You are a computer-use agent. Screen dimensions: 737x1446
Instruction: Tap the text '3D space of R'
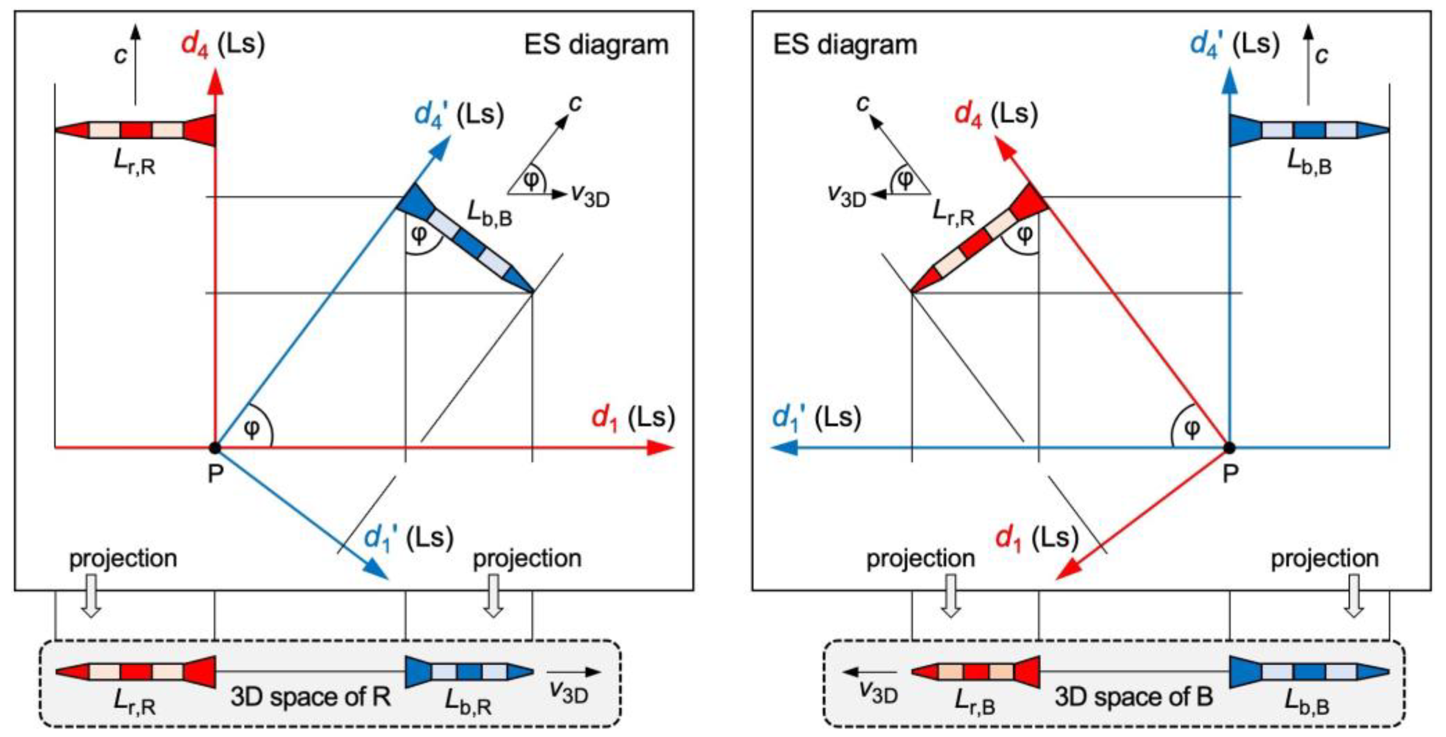tap(311, 697)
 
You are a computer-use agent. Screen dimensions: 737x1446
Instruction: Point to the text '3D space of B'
tap(1134, 697)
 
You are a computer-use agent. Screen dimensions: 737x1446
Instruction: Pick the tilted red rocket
tap(979, 238)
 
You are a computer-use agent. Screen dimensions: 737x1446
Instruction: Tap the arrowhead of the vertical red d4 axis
tap(215, 82)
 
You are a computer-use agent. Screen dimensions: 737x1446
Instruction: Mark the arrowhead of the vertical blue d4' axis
tap(1230, 82)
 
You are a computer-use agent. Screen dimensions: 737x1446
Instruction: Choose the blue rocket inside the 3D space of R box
tap(469, 671)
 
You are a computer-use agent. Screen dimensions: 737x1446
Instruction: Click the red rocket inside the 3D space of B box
tap(975, 671)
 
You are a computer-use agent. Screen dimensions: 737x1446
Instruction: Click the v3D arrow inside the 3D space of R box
tap(574, 672)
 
